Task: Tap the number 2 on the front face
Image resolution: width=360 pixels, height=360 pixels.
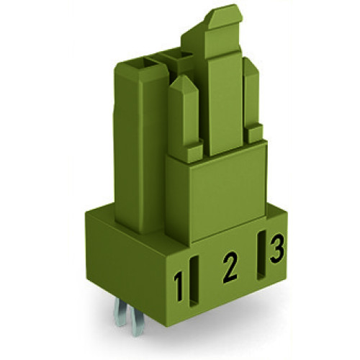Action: point(229,266)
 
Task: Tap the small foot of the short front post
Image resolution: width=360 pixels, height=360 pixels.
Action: point(193,153)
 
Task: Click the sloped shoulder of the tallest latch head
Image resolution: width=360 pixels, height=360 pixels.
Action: point(196,32)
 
